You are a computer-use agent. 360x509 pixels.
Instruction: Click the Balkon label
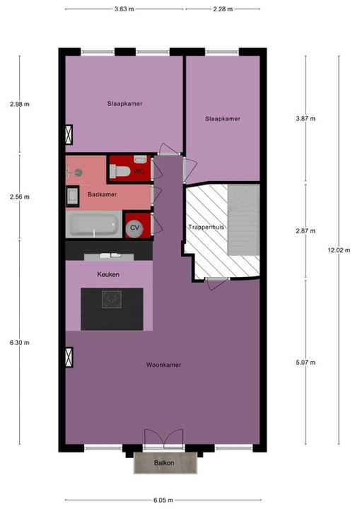pos(166,463)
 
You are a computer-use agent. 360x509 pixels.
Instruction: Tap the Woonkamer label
pos(163,365)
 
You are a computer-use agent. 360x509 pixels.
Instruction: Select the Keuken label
pos(108,274)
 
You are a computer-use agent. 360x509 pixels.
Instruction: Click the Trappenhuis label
pos(206,227)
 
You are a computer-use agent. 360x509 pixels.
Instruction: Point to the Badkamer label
pos(102,194)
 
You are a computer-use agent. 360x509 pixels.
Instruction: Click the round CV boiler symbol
pos(133,227)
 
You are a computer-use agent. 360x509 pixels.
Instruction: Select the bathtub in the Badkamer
pos(93,226)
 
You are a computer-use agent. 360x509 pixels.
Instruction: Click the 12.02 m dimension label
pos(337,249)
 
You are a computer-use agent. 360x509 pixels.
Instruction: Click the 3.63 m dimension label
pos(124,8)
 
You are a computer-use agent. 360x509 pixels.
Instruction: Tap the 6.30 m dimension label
pos(20,342)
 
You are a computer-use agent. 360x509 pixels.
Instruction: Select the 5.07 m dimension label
pos(306,362)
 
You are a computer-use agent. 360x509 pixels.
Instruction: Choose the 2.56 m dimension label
pos(20,197)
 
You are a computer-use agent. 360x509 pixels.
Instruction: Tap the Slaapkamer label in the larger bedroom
pos(124,104)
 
